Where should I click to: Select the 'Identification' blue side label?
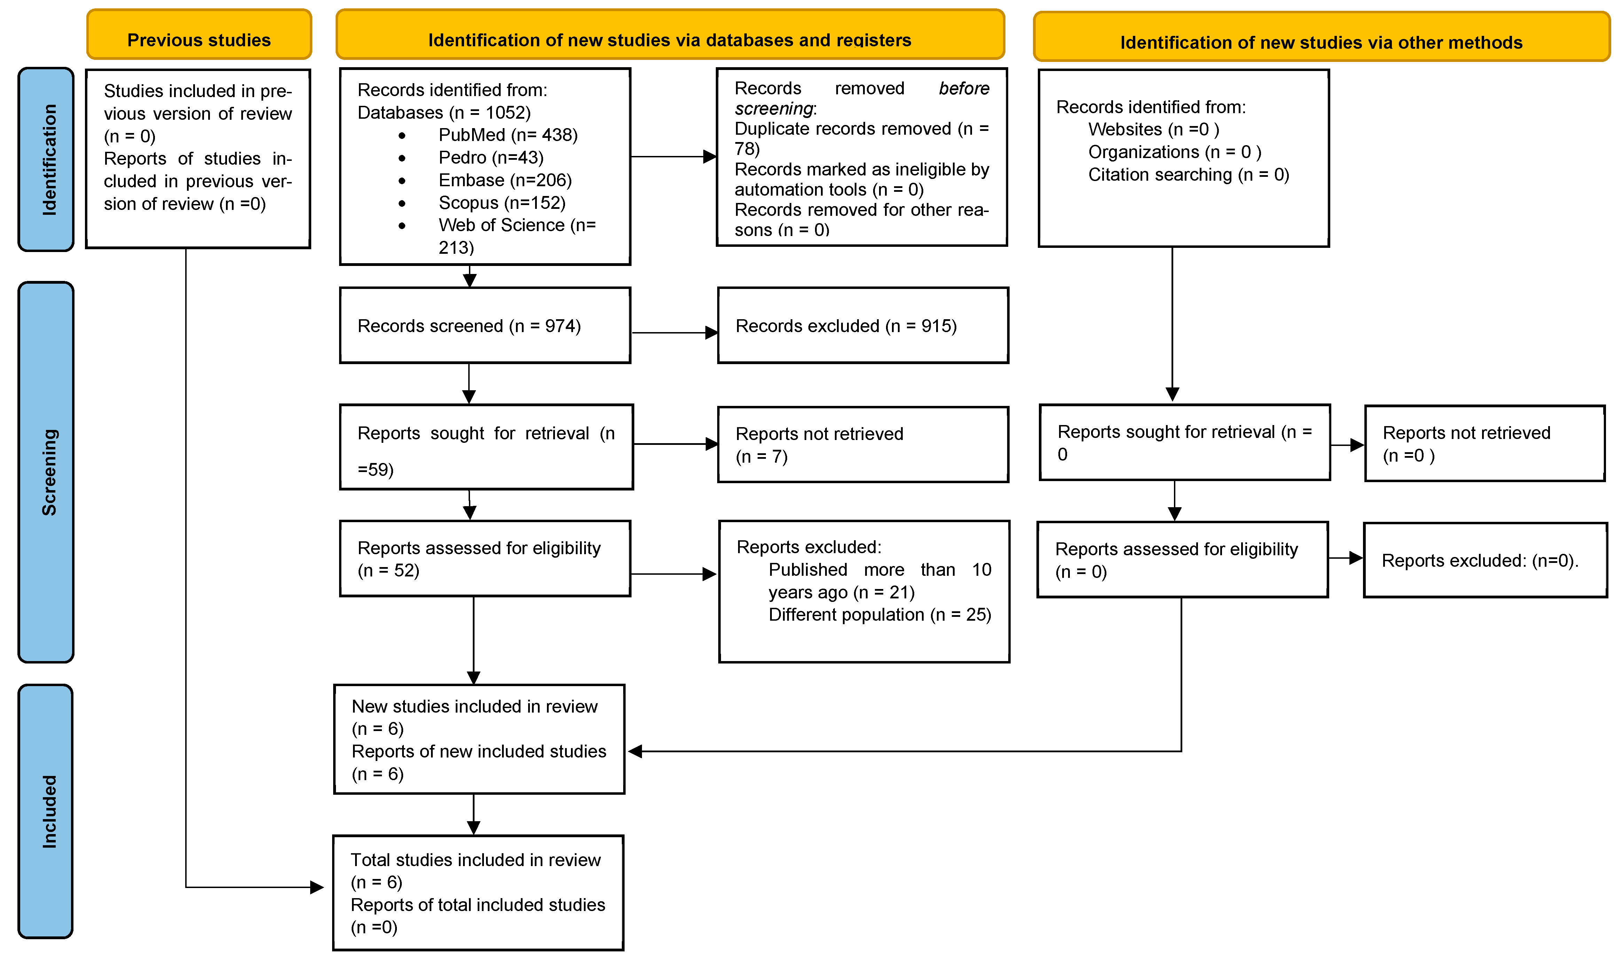click(46, 159)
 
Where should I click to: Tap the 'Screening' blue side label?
click(46, 472)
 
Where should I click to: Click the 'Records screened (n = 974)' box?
click(485, 325)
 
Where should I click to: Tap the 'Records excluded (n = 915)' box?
click(863, 325)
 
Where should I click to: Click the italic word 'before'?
click(964, 88)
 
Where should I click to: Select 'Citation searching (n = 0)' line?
click(1189, 175)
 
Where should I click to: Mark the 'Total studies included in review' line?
click(476, 860)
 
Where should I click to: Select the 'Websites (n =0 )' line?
click(1154, 130)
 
